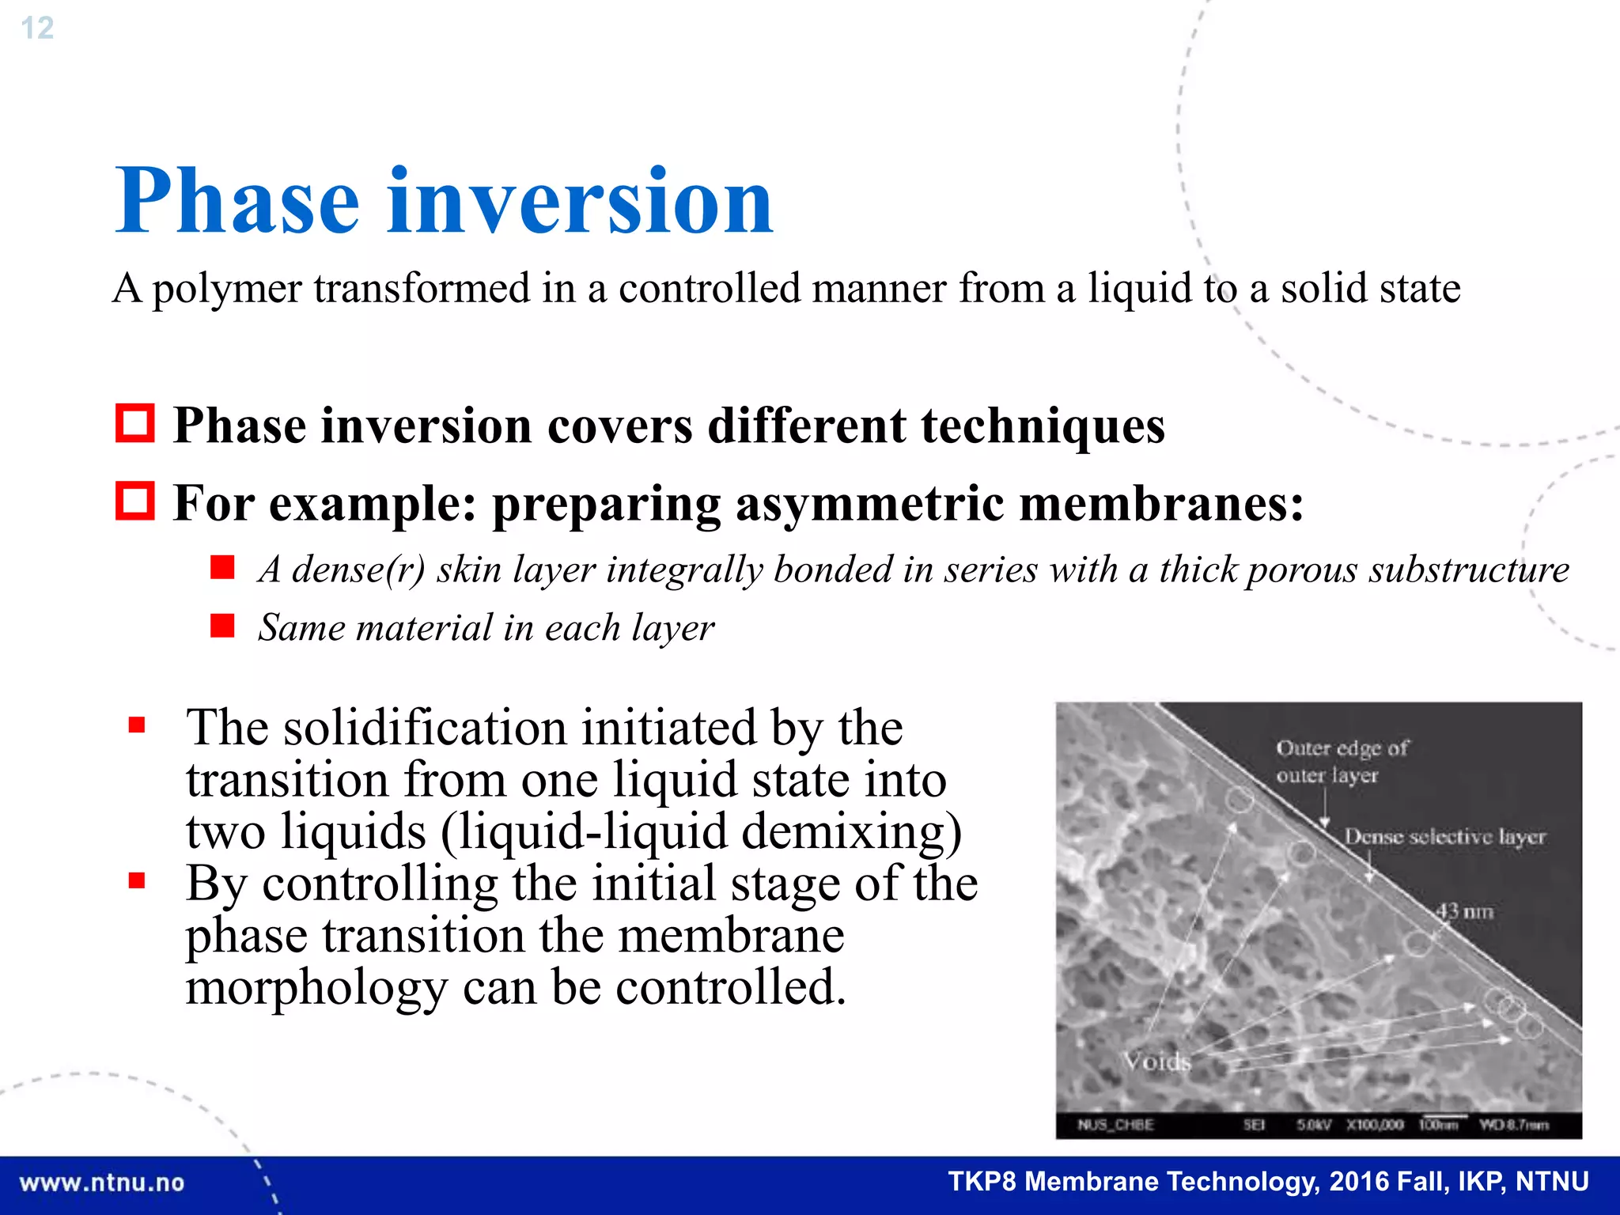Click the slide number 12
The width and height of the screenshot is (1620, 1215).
point(37,28)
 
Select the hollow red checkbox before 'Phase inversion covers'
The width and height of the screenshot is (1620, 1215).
point(134,423)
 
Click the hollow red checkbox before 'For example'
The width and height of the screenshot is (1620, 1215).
point(134,501)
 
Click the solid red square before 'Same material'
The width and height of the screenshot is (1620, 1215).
point(222,626)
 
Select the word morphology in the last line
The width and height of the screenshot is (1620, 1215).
point(316,989)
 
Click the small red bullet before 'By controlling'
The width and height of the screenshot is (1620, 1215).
point(137,880)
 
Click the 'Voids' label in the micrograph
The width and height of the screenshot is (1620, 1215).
point(1156,1061)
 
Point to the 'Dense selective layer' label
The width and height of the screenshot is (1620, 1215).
point(1444,836)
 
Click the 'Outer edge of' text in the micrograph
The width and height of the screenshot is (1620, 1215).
point(1342,748)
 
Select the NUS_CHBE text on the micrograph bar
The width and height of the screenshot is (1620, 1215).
point(1115,1125)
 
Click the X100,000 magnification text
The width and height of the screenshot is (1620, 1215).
point(1375,1125)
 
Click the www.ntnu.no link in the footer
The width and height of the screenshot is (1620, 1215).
point(102,1183)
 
